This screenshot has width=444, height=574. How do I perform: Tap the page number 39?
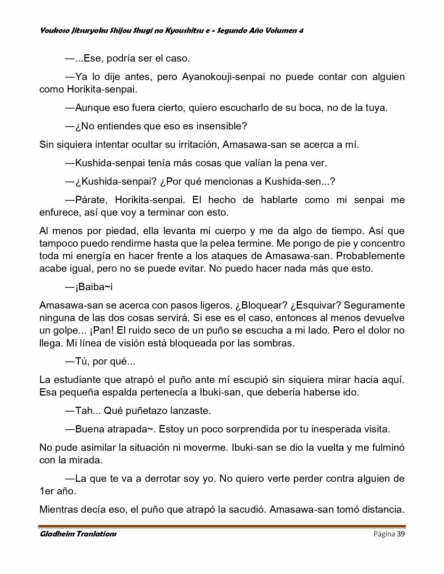pos(401,534)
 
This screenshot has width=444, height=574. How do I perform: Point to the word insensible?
pos(219,126)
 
